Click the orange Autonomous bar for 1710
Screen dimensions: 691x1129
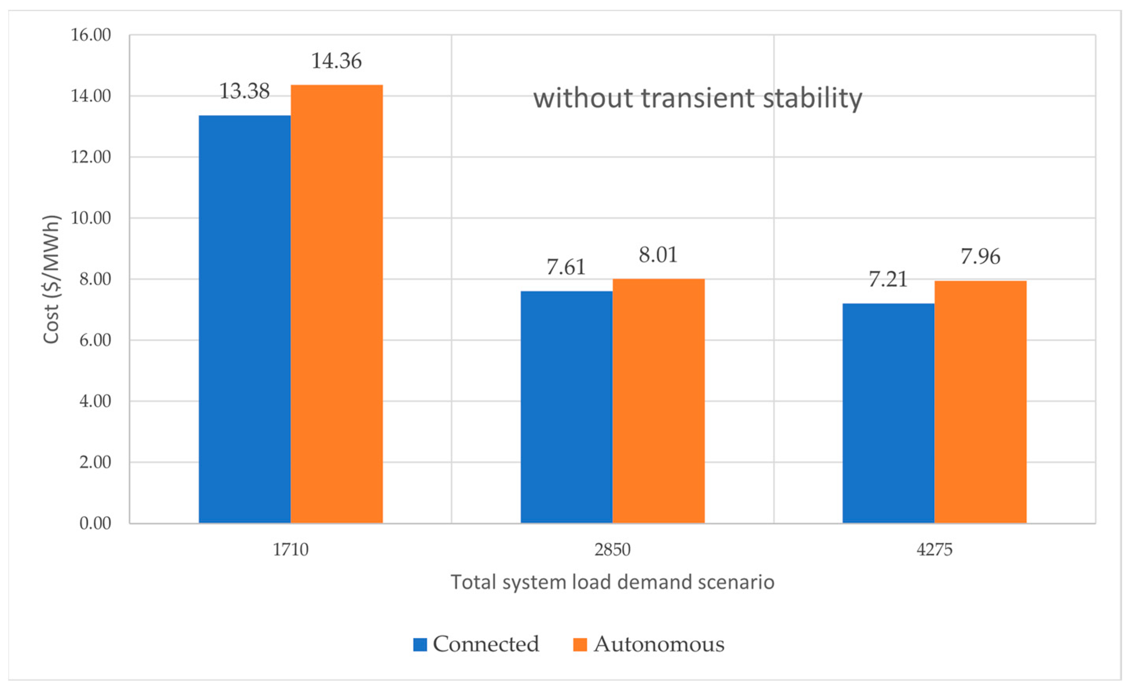[x=337, y=304]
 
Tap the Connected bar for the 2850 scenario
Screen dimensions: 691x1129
[x=566, y=407]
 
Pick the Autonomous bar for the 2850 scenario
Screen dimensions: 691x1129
[x=659, y=401]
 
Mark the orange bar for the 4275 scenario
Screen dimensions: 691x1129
[x=980, y=402]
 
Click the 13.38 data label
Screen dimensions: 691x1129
[x=245, y=91]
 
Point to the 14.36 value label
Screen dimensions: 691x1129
[x=337, y=61]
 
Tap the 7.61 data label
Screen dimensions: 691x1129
[x=566, y=267]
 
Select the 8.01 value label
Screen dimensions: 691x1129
[x=659, y=255]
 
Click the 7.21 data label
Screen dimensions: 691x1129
[x=888, y=279]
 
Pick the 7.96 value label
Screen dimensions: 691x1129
[x=980, y=257]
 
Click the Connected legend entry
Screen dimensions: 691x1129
[x=477, y=644]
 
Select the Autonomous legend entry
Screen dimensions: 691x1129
[x=649, y=644]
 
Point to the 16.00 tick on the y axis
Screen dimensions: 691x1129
[x=91, y=35]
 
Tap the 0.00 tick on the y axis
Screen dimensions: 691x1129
[x=95, y=523]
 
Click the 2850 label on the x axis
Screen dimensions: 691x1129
[x=613, y=549]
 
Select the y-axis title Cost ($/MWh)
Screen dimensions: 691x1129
[x=51, y=279]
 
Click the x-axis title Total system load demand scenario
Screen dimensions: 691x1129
[x=613, y=582]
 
